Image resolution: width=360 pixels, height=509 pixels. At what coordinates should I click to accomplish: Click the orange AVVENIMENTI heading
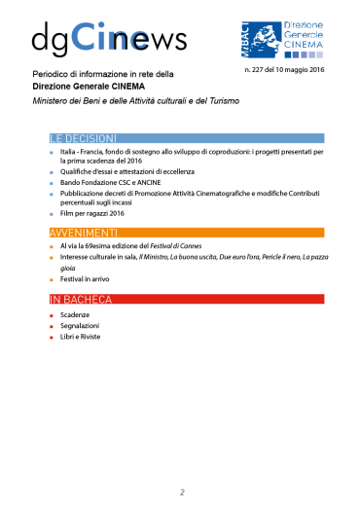click(84, 233)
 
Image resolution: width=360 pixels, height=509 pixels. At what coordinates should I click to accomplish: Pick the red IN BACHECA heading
click(82, 298)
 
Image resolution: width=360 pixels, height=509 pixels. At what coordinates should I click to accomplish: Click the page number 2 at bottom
click(181, 491)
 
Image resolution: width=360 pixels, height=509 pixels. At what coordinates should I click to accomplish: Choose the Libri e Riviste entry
click(82, 337)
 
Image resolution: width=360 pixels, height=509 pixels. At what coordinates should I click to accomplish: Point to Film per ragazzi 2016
click(91, 212)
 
